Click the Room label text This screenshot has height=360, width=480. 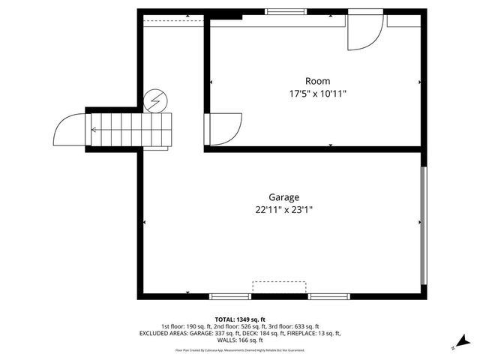coord(317,81)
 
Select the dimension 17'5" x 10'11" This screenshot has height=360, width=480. coord(317,94)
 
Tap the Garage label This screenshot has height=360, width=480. coord(283,197)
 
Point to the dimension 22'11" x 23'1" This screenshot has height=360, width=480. coord(283,211)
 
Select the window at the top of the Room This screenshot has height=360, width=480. coord(280,11)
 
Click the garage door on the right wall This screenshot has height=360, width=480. coord(424,226)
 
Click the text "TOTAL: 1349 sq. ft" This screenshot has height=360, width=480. coord(240,319)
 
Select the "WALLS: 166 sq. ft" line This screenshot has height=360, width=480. coord(240,340)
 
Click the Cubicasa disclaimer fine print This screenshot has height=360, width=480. coord(240,350)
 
